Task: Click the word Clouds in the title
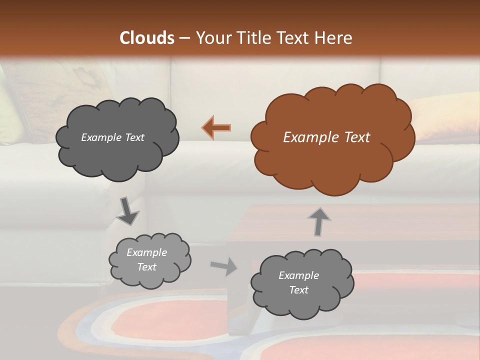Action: (x=147, y=38)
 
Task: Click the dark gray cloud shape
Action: (x=117, y=155)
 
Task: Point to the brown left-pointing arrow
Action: (x=216, y=128)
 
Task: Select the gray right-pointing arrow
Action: (x=224, y=266)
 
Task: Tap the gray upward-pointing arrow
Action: (x=319, y=221)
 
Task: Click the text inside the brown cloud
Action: (x=326, y=137)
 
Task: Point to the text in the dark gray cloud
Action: (x=112, y=137)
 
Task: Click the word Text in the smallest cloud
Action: (x=147, y=267)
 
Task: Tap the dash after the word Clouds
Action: (x=184, y=38)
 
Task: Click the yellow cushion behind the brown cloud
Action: (x=440, y=117)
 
